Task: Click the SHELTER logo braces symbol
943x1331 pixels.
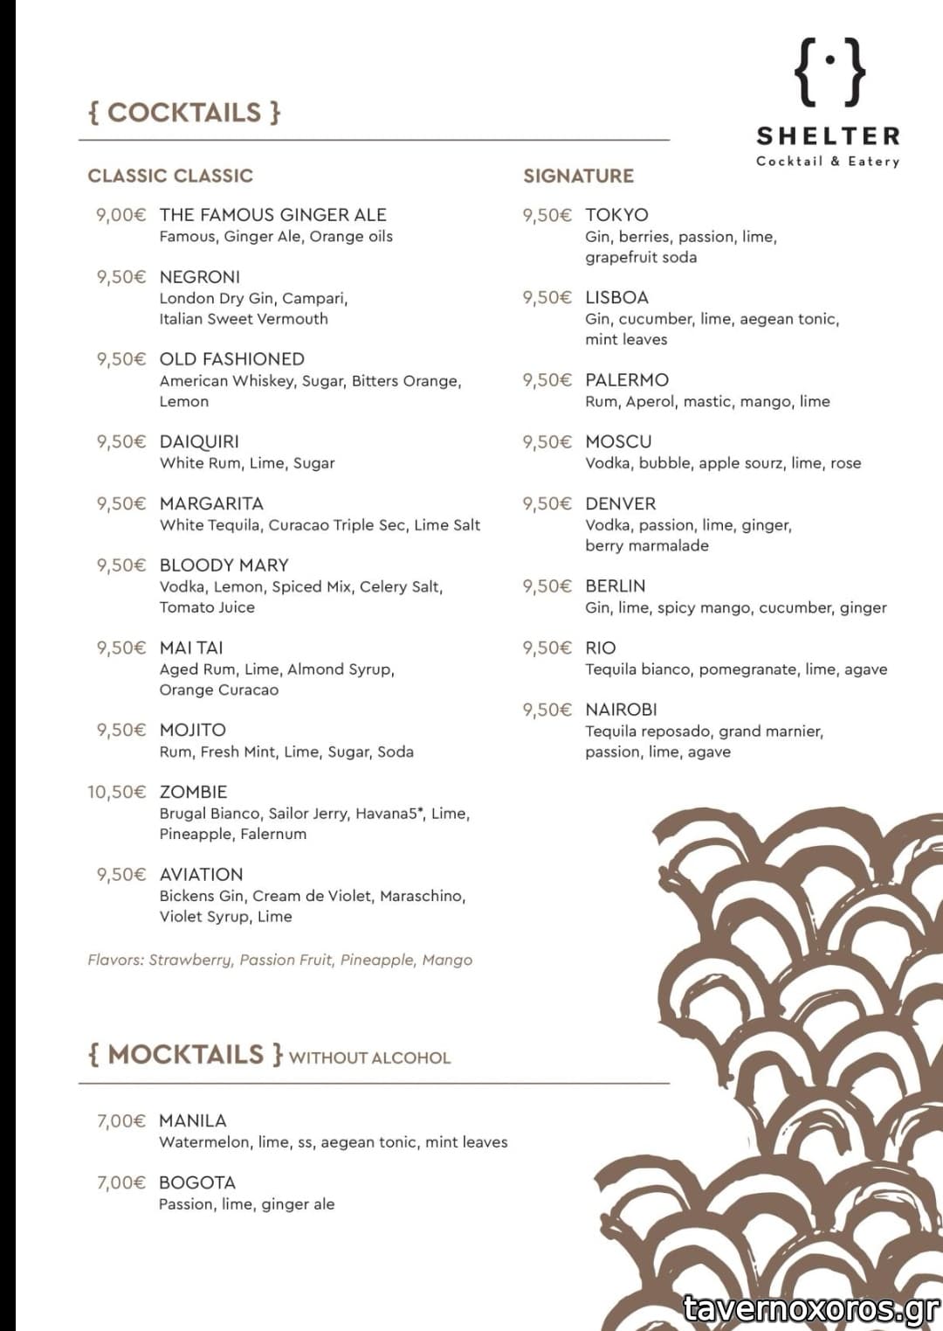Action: pos(830,72)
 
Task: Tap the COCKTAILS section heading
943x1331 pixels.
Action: pos(184,113)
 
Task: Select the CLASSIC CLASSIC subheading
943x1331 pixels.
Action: pos(170,176)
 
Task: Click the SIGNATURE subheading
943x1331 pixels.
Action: pos(578,176)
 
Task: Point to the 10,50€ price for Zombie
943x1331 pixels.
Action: pos(116,792)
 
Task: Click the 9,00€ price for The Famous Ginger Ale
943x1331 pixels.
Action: pos(120,215)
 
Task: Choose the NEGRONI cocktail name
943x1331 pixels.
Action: pos(200,277)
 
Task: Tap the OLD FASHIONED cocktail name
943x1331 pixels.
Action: pos(232,359)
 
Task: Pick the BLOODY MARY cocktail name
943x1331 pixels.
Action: pos(224,565)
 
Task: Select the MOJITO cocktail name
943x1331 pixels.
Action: pos(193,730)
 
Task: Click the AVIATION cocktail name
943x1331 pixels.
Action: pos(202,875)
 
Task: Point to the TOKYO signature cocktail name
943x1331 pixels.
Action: pos(616,215)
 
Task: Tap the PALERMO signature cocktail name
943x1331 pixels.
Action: pos(627,380)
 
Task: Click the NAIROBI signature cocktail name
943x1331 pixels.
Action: pos(621,710)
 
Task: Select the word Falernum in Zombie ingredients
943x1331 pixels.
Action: pos(273,834)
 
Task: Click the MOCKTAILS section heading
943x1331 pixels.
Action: pos(185,1055)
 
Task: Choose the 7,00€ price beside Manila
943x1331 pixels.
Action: pos(120,1121)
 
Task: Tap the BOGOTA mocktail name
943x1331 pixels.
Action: pos(197,1183)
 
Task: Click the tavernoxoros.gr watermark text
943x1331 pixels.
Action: pos(811,1308)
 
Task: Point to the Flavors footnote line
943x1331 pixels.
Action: pos(279,960)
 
